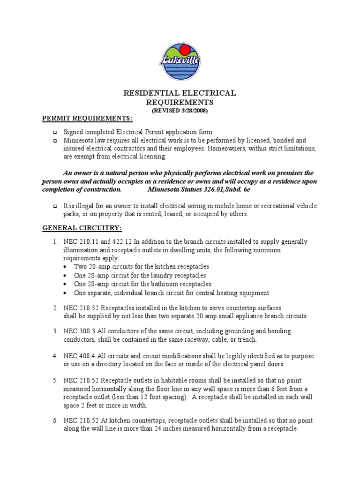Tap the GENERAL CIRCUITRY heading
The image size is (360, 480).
pyautogui.click(x=82, y=228)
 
